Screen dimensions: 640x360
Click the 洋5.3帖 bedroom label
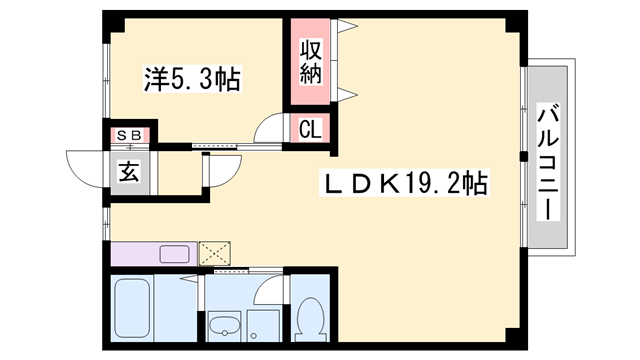(x=192, y=78)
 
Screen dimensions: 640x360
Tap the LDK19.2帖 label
(x=404, y=183)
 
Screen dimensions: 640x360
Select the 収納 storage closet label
(x=311, y=61)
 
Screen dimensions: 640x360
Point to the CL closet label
(x=310, y=129)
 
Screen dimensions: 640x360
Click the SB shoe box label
(x=129, y=135)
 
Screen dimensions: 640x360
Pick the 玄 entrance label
(x=129, y=172)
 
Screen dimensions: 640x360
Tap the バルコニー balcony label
(x=547, y=163)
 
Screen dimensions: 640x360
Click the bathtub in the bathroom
(x=132, y=308)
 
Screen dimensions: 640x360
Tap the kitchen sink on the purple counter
(x=174, y=254)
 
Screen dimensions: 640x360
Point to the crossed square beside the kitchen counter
(x=215, y=253)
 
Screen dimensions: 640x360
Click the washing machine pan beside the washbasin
(x=264, y=327)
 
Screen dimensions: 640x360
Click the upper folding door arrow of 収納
(x=347, y=26)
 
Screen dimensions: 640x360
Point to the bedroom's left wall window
(x=107, y=81)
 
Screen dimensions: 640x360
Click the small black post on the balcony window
(x=523, y=156)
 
